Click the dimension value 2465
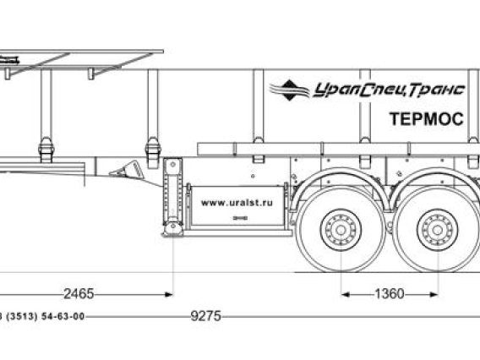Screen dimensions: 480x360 pos(79,294)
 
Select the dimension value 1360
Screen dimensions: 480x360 pos(390,294)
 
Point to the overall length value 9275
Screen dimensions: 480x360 pos(205,316)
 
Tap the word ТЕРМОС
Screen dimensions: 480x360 pos(427,119)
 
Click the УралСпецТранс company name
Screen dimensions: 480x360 pos(389,90)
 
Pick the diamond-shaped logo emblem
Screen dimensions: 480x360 pos(289,90)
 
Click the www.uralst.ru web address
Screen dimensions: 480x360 pos(237,203)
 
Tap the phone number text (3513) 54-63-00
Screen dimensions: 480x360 pos(46,316)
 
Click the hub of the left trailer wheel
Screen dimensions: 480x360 pos(341,230)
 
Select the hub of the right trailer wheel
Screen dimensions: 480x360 pos(438,230)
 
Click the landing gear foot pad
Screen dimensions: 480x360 pos(173,229)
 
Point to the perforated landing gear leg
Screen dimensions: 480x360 pos(173,190)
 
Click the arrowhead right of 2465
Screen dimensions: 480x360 pos(169,294)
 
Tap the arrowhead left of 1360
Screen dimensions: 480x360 pos(346,294)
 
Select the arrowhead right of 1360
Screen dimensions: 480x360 pos(434,294)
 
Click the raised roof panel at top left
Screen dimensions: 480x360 pos(82,51)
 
